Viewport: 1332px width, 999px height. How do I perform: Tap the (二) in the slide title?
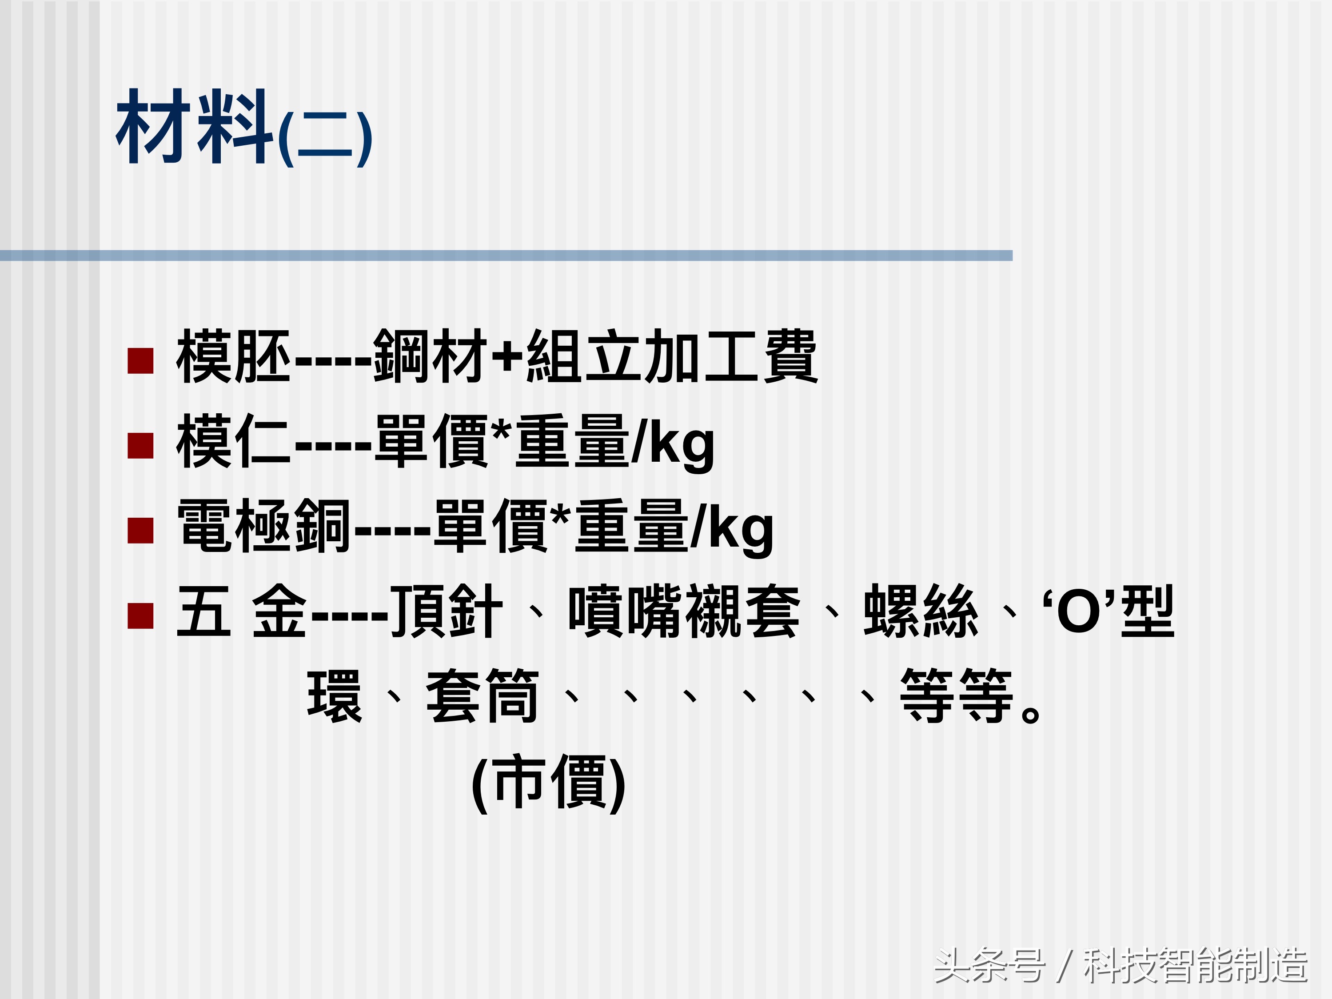(x=325, y=140)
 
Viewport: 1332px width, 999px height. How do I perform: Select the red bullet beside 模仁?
(x=141, y=446)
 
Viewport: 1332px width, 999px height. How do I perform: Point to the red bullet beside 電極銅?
(x=141, y=531)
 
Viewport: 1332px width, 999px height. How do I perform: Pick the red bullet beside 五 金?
(x=141, y=615)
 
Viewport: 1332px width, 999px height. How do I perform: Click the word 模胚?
(x=234, y=356)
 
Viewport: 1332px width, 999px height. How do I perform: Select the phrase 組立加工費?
(x=671, y=356)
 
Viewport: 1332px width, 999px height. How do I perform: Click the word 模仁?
(x=234, y=441)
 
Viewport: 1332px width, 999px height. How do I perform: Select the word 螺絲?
(x=921, y=611)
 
